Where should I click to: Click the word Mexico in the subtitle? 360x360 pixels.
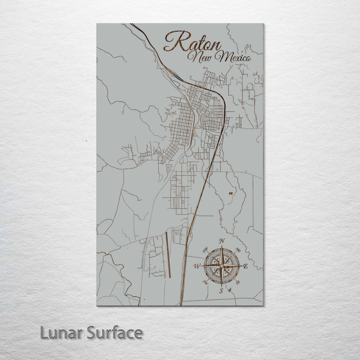click(x=233, y=57)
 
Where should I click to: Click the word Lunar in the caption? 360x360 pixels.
click(x=61, y=333)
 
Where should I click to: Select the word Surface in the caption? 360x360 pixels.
click(x=115, y=333)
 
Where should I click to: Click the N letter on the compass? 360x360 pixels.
click(x=222, y=241)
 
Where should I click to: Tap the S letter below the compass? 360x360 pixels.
click(x=221, y=291)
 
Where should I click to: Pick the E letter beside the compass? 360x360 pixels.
click(x=246, y=266)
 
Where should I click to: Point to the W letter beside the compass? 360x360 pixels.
click(x=197, y=266)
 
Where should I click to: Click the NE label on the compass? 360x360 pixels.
click(x=238, y=249)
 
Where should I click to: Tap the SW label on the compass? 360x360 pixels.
click(x=206, y=282)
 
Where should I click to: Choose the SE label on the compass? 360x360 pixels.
click(x=238, y=283)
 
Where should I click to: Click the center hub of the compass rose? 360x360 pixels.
click(x=222, y=266)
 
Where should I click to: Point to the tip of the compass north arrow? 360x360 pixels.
click(x=222, y=246)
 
